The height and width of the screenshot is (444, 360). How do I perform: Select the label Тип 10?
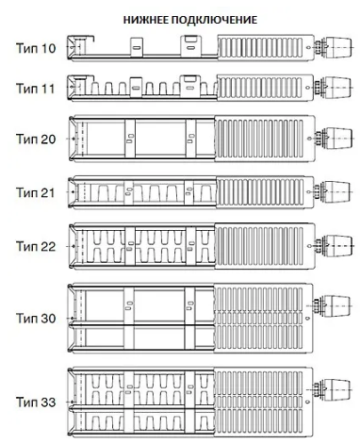pos(36,48)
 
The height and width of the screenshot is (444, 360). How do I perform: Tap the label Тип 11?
pos(36,89)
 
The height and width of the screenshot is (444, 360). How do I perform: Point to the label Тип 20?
pos(36,139)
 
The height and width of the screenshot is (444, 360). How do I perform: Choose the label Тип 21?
pos(36,193)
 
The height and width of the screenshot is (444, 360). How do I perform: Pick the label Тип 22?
pos(36,246)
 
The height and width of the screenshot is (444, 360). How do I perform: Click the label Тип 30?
pos(36,319)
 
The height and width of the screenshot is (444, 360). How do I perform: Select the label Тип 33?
pos(36,402)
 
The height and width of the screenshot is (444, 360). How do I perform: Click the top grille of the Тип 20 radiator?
pos(260,139)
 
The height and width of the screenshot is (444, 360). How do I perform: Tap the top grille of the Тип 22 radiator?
pos(260,246)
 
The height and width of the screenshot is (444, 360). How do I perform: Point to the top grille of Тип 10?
pos(260,47)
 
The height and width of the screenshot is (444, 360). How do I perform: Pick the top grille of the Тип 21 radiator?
pos(260,192)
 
